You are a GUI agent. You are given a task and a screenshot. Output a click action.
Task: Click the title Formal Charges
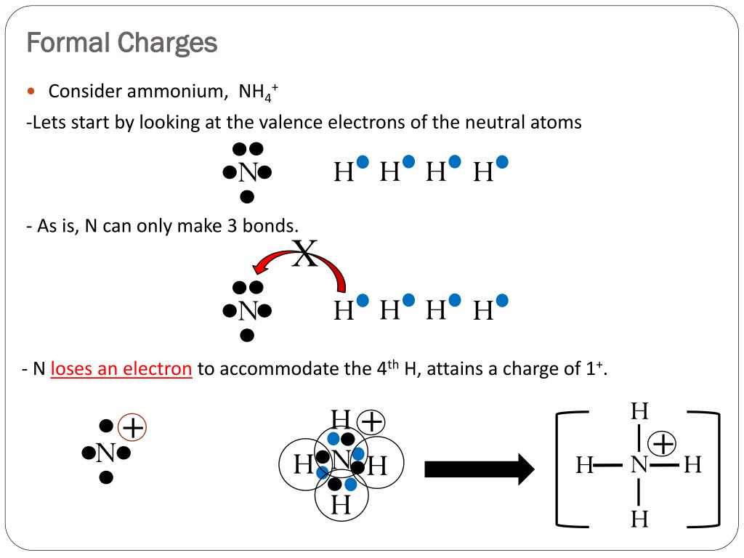click(x=122, y=43)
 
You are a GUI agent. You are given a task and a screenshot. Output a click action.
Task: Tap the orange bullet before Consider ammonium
click(x=31, y=91)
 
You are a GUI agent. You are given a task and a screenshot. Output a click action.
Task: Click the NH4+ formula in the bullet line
click(x=258, y=92)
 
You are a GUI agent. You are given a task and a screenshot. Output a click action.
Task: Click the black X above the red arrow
click(x=304, y=253)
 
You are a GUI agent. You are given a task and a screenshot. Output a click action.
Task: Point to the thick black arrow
click(x=480, y=469)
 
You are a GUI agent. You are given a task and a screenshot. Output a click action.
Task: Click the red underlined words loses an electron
click(x=121, y=368)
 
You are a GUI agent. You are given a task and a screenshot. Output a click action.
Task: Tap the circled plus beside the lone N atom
click(x=132, y=427)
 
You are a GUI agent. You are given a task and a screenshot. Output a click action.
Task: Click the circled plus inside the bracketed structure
click(x=663, y=444)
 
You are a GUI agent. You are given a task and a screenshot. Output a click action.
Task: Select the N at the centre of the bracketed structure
click(x=639, y=464)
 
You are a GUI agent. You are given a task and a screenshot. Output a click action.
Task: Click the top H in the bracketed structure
click(x=639, y=411)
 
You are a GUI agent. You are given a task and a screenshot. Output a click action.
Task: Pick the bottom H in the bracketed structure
click(x=639, y=519)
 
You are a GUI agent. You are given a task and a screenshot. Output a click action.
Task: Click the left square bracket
click(x=558, y=469)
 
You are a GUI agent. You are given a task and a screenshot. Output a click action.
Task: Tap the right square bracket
click(x=718, y=469)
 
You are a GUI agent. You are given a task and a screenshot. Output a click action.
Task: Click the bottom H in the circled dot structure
click(x=341, y=505)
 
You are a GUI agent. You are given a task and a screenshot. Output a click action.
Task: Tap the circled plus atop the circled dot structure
click(x=371, y=422)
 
